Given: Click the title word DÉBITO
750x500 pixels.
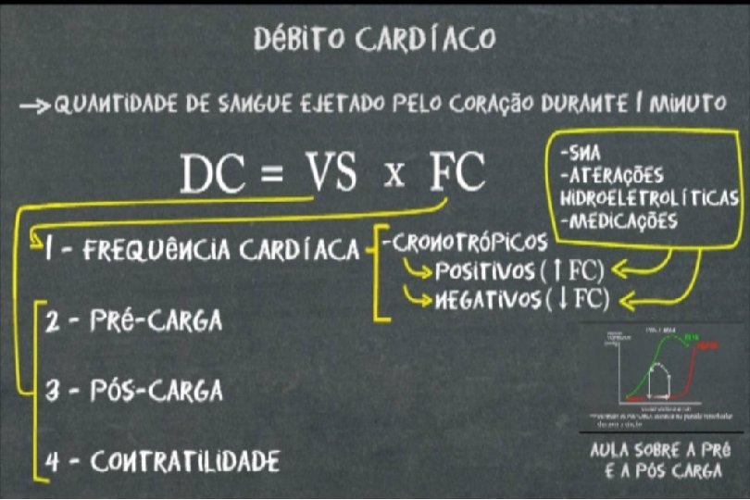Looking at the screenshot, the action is [x=295, y=39].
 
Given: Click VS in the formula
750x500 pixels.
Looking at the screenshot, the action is [x=331, y=172].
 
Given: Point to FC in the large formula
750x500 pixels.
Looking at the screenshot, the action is [x=457, y=172].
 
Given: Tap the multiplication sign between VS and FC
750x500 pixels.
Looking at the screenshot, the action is [x=394, y=175].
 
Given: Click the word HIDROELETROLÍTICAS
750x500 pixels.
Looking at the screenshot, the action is [x=649, y=198].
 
